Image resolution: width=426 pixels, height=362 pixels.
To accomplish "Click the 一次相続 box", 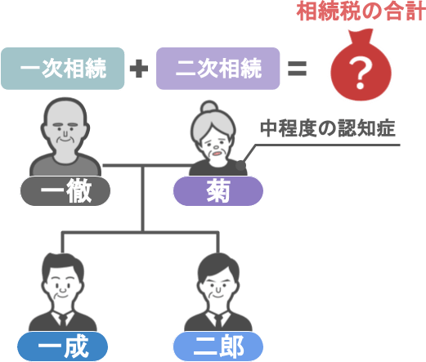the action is point(63,69).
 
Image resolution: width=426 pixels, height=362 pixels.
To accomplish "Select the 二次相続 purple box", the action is point(218,69).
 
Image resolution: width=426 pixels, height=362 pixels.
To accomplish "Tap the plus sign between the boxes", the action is point(139,69).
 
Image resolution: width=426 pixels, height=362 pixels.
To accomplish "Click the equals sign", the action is point(298,69).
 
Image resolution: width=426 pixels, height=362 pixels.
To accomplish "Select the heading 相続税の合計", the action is point(361,11).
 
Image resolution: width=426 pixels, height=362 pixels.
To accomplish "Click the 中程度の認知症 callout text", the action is point(328,128).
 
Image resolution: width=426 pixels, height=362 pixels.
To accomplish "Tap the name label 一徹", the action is point(65,190).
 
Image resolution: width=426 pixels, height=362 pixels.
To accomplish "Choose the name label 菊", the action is point(218,190).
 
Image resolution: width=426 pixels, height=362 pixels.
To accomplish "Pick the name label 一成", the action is point(63,346).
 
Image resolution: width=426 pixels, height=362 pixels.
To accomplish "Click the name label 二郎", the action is point(218,346).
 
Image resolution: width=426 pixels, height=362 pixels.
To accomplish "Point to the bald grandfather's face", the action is point(65,133).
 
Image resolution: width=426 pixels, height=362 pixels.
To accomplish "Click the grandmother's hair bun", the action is point(209,107).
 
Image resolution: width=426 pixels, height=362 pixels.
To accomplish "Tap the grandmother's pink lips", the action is point(217,154).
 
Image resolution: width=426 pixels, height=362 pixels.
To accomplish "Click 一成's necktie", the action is point(63,320).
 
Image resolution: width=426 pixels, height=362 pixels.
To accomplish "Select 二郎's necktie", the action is point(218,320).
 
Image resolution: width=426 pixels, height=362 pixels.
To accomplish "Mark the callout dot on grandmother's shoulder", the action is point(240,165).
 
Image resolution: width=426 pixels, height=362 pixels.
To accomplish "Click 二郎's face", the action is point(218,288).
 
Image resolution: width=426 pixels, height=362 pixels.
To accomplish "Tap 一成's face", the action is point(63,288).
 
